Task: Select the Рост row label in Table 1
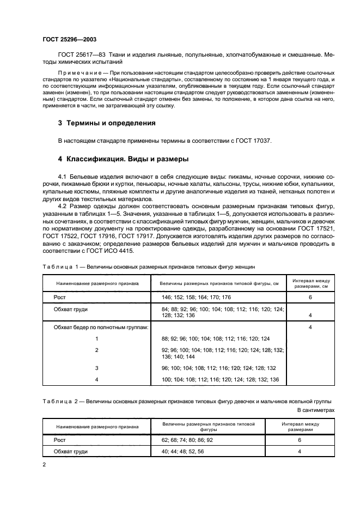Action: click(x=59, y=298)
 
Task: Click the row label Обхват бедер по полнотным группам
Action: click(x=101, y=327)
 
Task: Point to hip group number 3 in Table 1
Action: click(x=96, y=368)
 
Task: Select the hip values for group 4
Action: click(x=220, y=379)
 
